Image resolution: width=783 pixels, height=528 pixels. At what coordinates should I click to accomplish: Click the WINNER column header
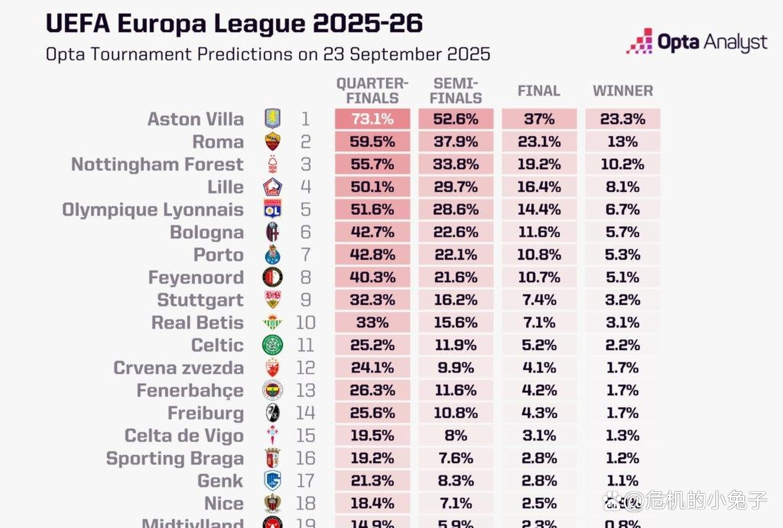tap(622, 91)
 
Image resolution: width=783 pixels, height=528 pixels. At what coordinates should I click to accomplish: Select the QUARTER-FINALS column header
tap(372, 91)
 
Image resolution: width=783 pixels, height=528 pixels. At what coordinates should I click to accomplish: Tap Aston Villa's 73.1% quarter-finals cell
tap(372, 119)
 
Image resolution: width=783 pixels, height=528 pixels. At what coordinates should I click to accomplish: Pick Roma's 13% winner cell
tap(622, 142)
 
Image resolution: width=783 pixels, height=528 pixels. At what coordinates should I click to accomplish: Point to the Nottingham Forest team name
tap(157, 164)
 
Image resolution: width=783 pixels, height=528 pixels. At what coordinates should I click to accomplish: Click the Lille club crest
tap(273, 187)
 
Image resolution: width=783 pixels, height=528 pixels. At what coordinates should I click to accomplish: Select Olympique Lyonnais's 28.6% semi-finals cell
tap(456, 209)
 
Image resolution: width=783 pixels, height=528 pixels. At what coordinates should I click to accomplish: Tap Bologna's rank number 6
tap(305, 232)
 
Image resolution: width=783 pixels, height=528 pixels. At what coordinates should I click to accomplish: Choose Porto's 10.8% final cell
tap(539, 255)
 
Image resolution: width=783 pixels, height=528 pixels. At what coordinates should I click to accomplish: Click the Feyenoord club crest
tap(273, 277)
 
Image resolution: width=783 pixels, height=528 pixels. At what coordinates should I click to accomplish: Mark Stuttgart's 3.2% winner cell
tap(622, 300)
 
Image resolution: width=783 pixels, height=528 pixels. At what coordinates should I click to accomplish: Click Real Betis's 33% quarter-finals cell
tap(372, 323)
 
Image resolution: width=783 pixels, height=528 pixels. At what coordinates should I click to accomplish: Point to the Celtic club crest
tap(273, 345)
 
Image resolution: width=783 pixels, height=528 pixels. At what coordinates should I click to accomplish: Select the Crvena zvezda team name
tap(178, 367)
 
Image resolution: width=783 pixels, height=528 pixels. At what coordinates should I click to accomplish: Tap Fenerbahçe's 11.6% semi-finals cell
tap(456, 390)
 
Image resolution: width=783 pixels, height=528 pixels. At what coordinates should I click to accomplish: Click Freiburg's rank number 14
tap(305, 413)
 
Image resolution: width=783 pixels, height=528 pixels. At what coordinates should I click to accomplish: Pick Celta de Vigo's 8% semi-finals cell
tap(456, 436)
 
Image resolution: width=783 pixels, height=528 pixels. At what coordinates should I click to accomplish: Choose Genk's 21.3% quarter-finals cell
tap(372, 481)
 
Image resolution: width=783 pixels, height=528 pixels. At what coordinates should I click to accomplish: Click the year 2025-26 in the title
tap(367, 23)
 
